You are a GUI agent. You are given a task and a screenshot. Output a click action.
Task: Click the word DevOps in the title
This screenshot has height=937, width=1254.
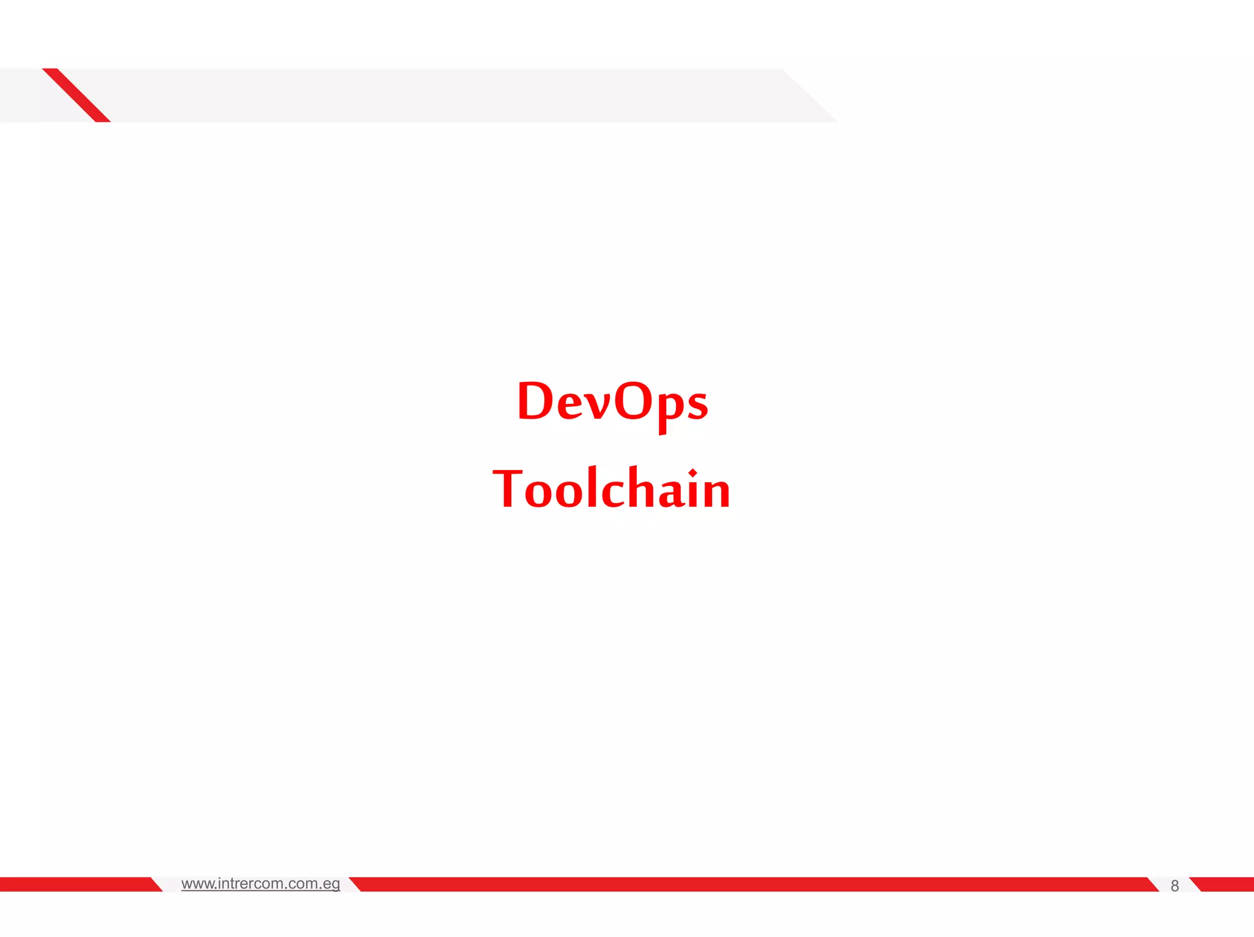[612, 401]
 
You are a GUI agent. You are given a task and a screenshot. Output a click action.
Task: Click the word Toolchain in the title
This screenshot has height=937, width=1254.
[612, 489]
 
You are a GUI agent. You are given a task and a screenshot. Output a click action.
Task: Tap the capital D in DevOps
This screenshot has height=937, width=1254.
[535, 401]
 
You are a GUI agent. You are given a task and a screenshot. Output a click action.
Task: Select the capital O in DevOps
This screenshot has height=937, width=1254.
[633, 401]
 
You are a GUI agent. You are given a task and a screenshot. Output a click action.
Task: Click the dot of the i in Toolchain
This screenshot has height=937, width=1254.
[693, 473]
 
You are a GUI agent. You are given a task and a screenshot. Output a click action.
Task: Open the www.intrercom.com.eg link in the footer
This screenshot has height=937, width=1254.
[260, 884]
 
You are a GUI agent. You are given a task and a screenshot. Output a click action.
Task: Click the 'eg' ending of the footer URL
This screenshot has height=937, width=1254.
[331, 884]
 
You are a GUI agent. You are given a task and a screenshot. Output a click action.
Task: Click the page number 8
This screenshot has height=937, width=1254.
[1174, 886]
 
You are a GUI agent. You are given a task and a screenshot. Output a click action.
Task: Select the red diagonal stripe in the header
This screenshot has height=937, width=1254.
[77, 95]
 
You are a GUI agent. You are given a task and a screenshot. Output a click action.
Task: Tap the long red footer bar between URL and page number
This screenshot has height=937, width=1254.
[753, 884]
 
